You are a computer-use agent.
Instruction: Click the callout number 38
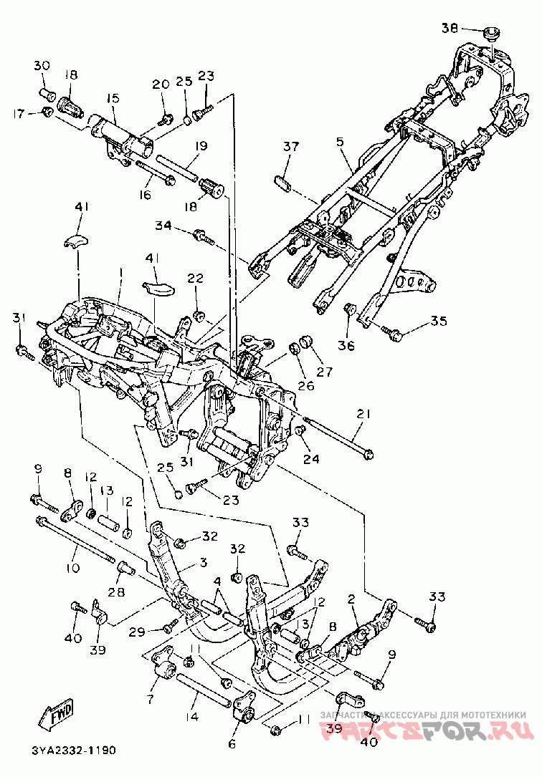(450, 29)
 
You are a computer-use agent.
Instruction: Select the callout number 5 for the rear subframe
(340, 143)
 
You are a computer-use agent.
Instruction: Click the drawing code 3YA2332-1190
(74, 751)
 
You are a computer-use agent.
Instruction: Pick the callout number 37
(290, 148)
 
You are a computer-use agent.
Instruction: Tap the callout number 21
(363, 414)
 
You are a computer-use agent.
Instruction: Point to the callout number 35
(439, 319)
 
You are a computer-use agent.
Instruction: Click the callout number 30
(41, 66)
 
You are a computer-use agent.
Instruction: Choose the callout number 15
(113, 98)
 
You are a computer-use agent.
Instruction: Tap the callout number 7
(151, 698)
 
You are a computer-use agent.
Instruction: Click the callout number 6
(232, 744)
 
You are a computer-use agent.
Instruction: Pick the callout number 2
(352, 599)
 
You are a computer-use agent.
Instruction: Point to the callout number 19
(200, 146)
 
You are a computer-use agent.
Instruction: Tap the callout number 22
(196, 278)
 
